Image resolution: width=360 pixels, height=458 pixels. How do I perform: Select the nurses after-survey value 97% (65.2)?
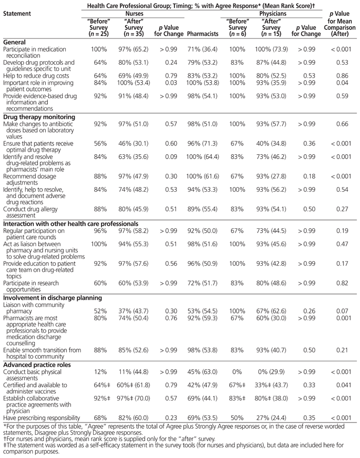point(134,50)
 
